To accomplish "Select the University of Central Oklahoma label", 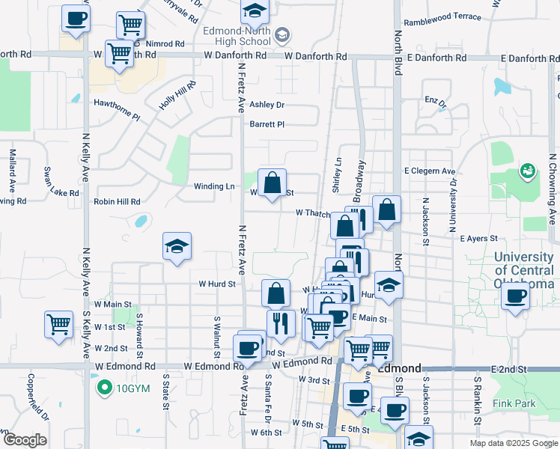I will pyautogui.click(x=524, y=270).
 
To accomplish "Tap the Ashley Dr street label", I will pyautogui.click(x=267, y=106).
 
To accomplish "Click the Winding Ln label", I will pyautogui.click(x=214, y=187).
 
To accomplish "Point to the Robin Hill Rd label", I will pyautogui.click(x=117, y=202).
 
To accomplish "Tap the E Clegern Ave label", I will pyautogui.click(x=430, y=171).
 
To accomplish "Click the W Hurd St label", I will pyautogui.click(x=217, y=284).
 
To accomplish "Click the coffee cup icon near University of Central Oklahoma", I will pyautogui.click(x=514, y=296).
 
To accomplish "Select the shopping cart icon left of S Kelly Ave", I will pyautogui.click(x=59, y=325).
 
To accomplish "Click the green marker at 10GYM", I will pyautogui.click(x=104, y=388).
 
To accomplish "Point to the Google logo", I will pyautogui.click(x=24, y=440).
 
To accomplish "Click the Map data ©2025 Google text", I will pyautogui.click(x=513, y=443).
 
